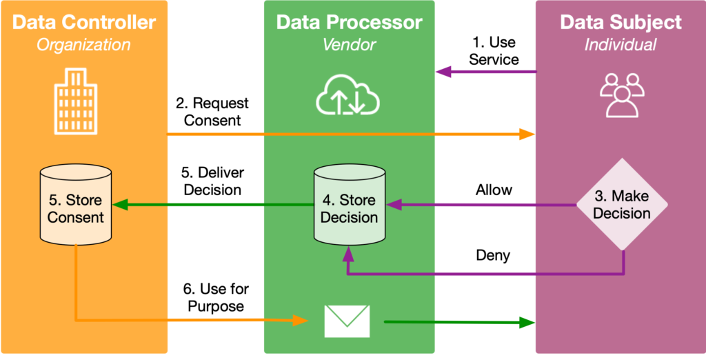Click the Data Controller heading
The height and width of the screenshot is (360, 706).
[84, 22]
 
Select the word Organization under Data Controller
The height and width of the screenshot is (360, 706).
[83, 45]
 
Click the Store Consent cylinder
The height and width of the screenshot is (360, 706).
[75, 206]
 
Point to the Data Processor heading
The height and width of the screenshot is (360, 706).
[349, 22]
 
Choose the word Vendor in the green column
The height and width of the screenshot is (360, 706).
[349, 45]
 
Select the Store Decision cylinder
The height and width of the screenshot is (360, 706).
[350, 206]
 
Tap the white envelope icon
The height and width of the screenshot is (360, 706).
[347, 321]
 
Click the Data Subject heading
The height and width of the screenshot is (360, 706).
[621, 22]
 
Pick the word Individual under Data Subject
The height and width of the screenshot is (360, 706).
[621, 45]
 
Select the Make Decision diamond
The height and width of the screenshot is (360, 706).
[622, 205]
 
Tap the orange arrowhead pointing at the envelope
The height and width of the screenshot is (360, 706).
[300, 320]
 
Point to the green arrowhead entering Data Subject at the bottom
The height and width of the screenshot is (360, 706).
[527, 321]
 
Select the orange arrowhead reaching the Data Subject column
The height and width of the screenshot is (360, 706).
[527, 134]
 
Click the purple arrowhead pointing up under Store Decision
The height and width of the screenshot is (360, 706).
[349, 254]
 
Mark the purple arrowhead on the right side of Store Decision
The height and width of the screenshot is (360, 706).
[395, 205]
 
